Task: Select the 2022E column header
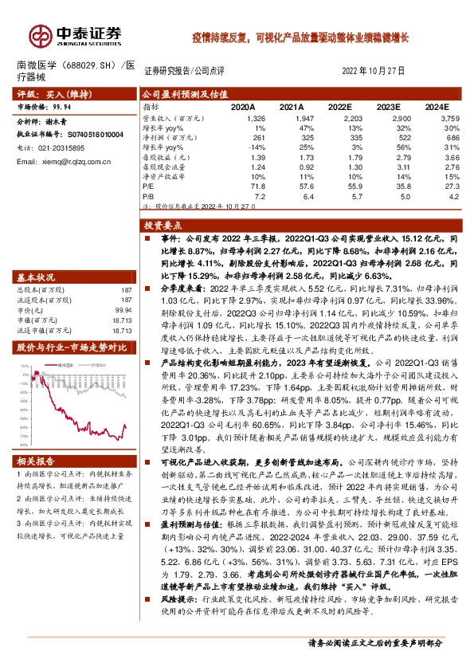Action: (340, 106)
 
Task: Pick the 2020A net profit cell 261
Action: (245, 137)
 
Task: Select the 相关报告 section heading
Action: (37, 461)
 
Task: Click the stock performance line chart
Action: (75, 398)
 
